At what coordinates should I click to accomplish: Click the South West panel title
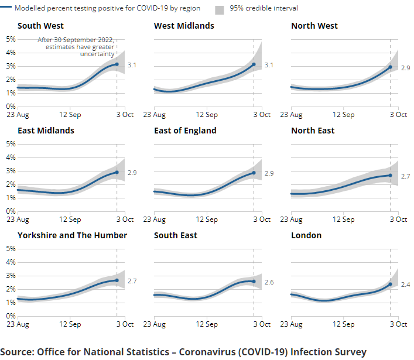click(x=40, y=26)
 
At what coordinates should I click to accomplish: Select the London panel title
click(x=306, y=235)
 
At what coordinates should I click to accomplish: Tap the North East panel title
click(x=313, y=131)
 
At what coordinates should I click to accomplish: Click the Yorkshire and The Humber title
click(x=72, y=235)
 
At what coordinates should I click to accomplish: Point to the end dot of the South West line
click(x=117, y=64)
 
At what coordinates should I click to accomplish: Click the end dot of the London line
click(x=390, y=284)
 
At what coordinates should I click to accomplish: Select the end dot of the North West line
click(x=390, y=67)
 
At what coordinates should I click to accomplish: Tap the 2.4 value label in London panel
click(x=405, y=284)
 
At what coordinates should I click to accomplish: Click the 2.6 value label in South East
click(x=269, y=282)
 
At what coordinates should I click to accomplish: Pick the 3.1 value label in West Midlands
click(x=269, y=65)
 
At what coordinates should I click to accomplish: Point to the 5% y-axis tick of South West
click(x=11, y=39)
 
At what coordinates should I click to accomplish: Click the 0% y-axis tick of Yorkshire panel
click(x=11, y=316)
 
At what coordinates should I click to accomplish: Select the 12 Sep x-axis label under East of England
click(x=207, y=220)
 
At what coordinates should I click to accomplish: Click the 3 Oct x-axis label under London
click(x=398, y=324)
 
